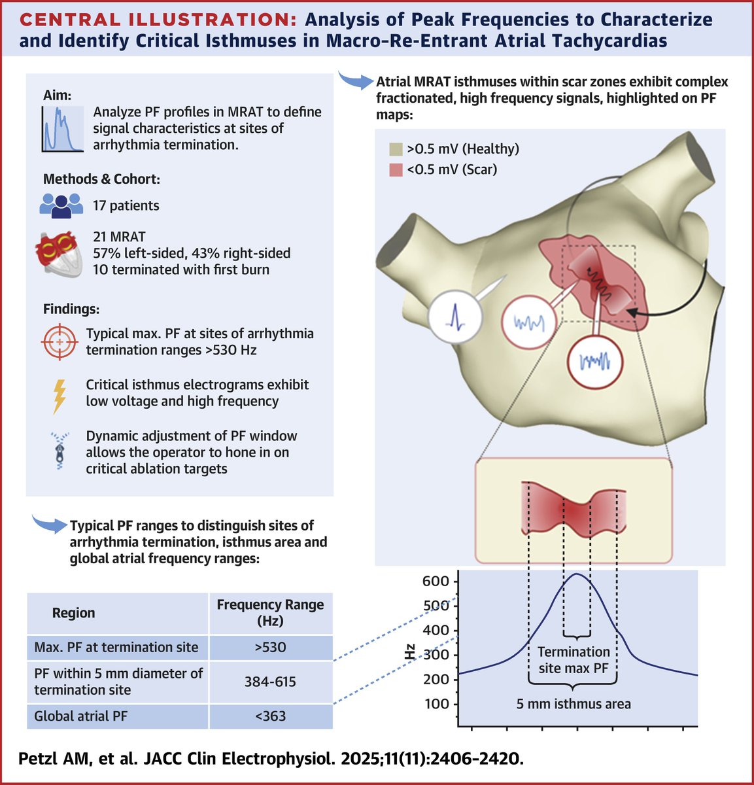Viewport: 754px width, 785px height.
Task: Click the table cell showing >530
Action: point(270,648)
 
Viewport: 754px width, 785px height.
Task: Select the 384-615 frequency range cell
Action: point(270,682)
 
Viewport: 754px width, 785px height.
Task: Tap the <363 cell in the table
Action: point(270,716)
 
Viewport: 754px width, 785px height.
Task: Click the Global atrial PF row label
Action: point(81,716)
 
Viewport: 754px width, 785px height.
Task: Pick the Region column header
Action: point(73,613)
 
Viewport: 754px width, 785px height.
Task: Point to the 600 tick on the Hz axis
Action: point(436,581)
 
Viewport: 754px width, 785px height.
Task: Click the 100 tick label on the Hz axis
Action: point(436,704)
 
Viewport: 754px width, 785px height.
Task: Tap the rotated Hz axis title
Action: point(410,652)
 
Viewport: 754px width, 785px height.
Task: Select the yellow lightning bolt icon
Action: point(60,394)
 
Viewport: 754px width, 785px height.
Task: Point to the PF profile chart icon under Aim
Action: point(63,129)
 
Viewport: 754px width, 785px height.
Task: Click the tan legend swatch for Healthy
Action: point(396,149)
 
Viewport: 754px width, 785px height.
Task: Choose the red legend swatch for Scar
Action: point(396,170)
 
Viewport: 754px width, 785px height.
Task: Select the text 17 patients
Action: point(126,205)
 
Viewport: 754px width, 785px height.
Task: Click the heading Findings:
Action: point(71,309)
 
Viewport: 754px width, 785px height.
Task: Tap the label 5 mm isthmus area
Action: point(573,704)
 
